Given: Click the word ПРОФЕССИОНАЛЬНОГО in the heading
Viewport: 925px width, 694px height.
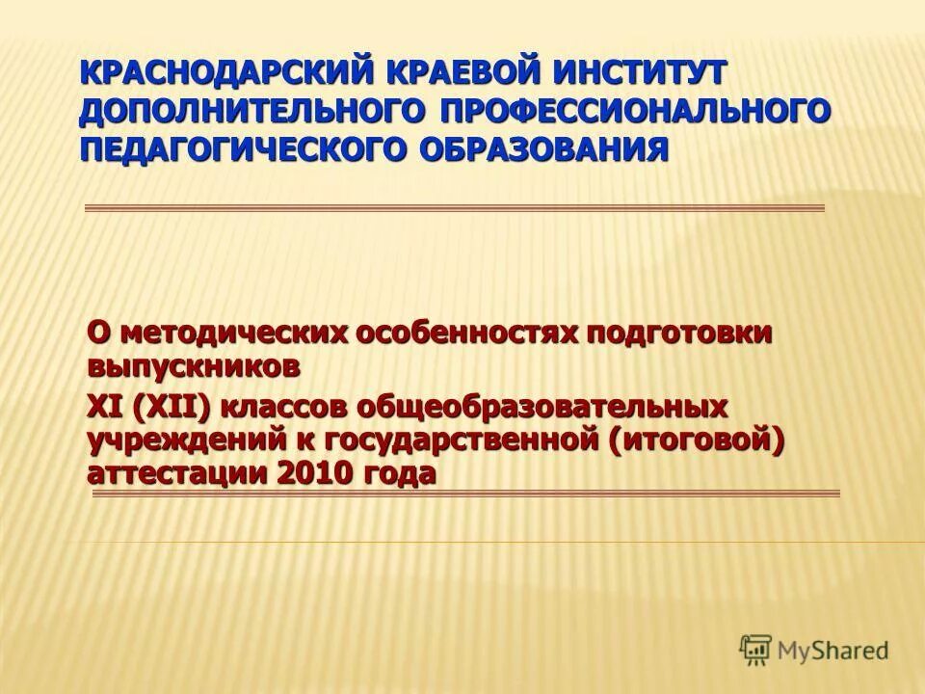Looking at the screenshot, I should tap(635, 111).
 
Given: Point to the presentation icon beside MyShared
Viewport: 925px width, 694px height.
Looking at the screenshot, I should tap(755, 650).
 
